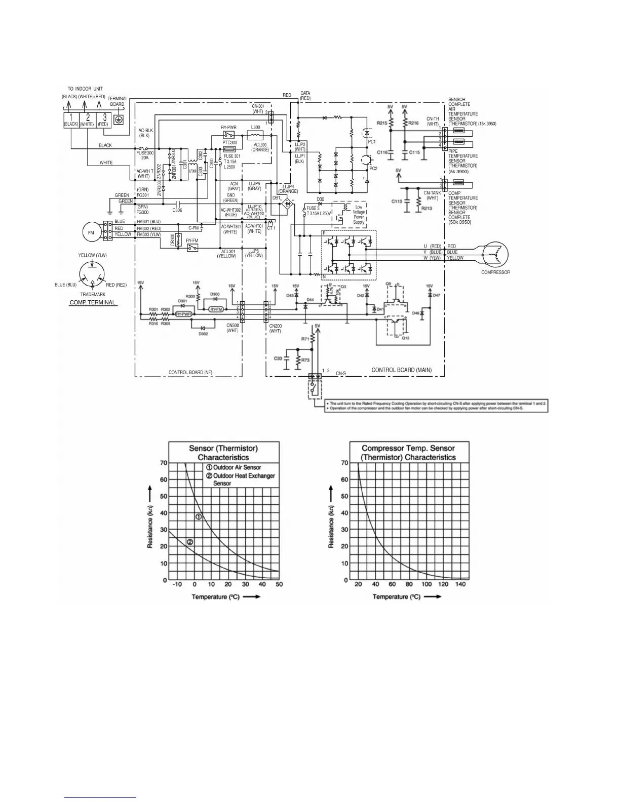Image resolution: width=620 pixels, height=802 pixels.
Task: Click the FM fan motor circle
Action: [x=91, y=232]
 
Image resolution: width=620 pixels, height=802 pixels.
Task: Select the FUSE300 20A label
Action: [x=145, y=155]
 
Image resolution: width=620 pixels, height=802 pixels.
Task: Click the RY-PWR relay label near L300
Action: [x=228, y=128]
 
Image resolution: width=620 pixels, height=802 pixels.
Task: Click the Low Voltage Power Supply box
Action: [x=359, y=214]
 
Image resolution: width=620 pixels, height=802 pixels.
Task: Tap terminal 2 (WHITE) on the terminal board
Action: [x=88, y=121]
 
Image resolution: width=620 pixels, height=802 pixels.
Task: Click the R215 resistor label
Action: [x=382, y=123]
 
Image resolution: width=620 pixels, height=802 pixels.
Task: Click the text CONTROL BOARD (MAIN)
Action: [x=401, y=370]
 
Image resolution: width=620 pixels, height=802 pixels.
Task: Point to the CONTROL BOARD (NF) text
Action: [x=190, y=373]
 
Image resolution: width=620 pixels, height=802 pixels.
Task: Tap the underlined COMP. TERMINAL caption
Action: [x=93, y=303]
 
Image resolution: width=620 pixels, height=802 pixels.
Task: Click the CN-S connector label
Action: [x=340, y=373]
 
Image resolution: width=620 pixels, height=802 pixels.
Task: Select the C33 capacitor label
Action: [x=278, y=358]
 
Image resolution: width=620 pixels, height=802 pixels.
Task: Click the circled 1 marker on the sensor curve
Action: [x=199, y=517]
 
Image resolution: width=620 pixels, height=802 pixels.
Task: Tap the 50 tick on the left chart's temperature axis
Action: [x=279, y=584]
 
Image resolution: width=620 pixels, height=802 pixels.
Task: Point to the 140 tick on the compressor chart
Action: [x=460, y=584]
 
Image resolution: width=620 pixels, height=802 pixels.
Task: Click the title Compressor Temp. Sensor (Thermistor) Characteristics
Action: [x=408, y=453]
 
